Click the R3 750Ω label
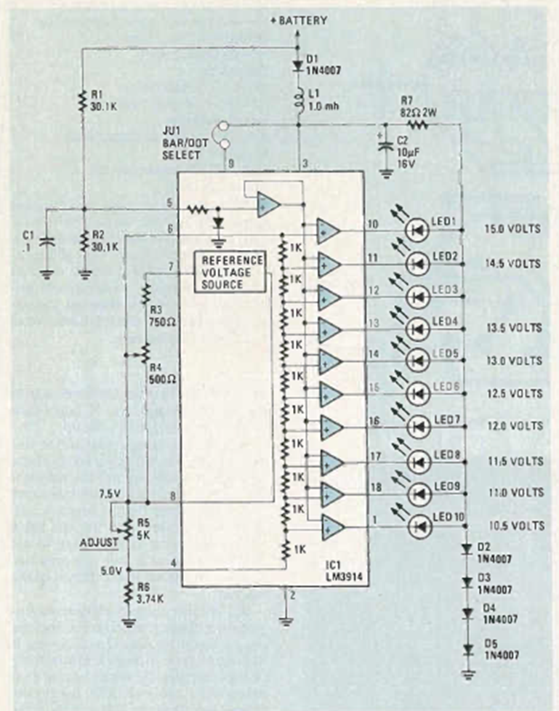[x=161, y=300]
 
